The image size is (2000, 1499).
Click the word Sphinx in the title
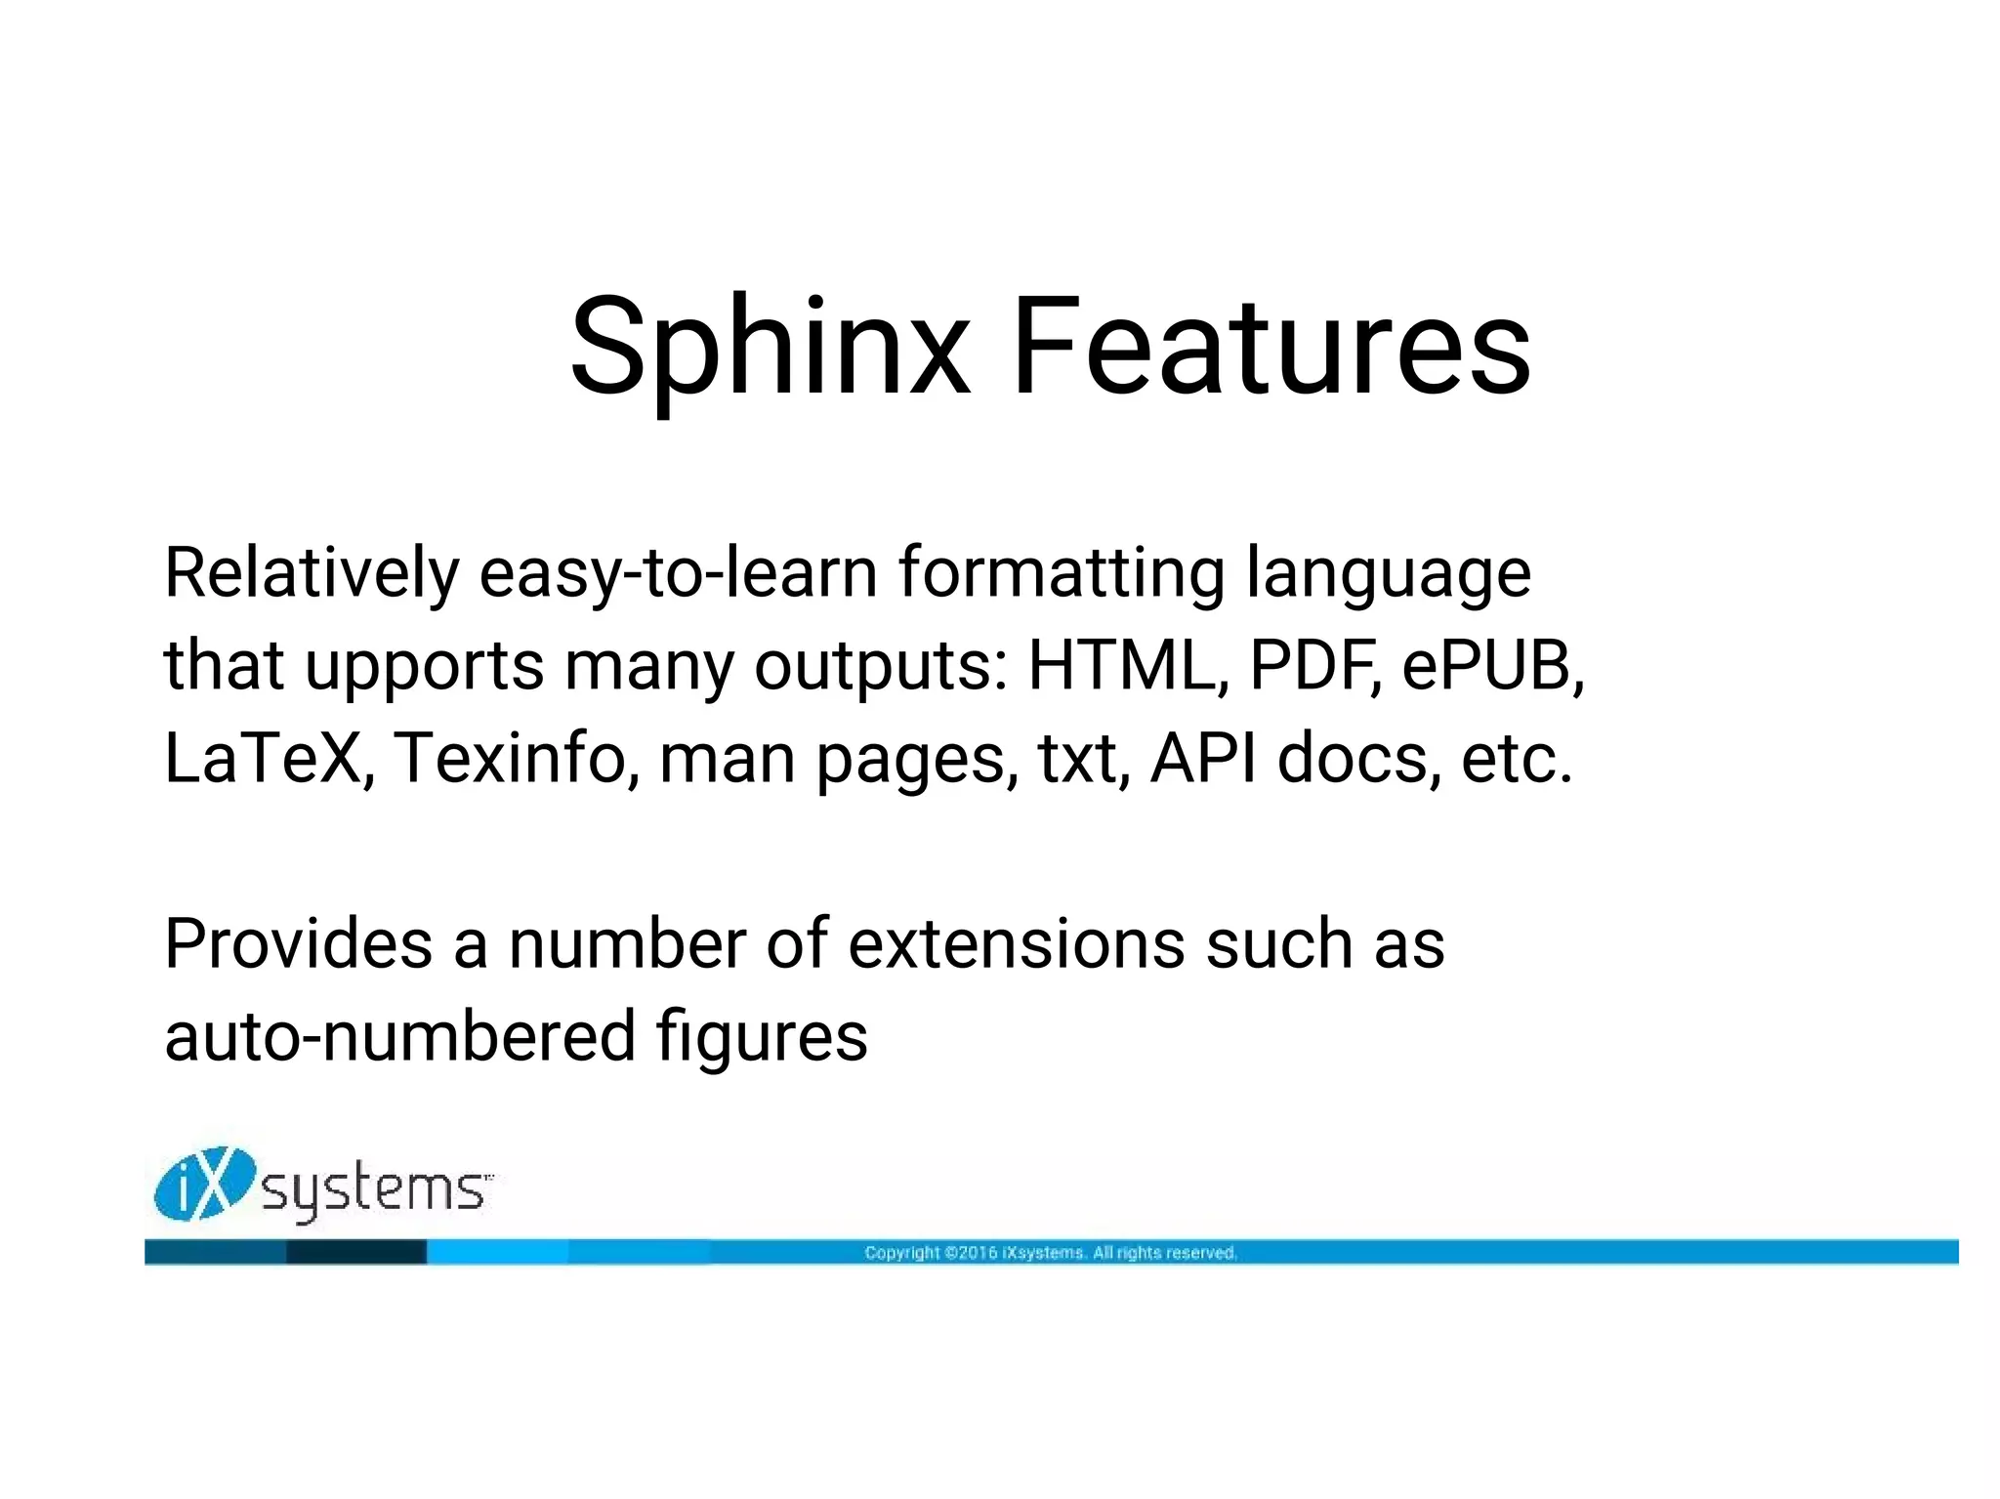770,349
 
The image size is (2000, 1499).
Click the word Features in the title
1271,349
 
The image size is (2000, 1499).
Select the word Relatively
311,573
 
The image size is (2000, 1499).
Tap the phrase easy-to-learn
678,573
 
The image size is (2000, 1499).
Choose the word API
1203,759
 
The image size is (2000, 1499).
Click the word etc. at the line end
1517,759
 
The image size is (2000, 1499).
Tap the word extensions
1016,944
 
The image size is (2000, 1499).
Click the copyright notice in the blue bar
1051,1253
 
